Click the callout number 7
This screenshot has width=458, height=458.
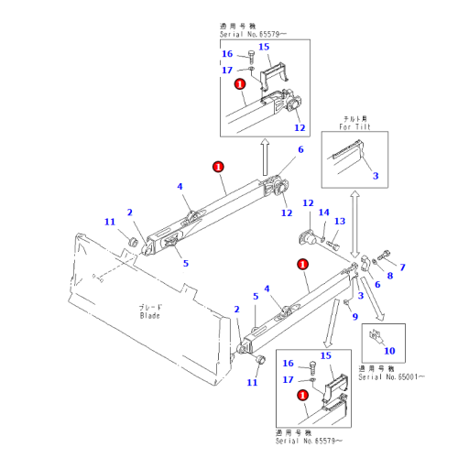pyautogui.click(x=401, y=267)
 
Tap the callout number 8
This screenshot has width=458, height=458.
pyautogui.click(x=388, y=276)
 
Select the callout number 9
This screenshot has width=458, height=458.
pyautogui.click(x=354, y=317)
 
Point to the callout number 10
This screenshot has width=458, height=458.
pyautogui.click(x=388, y=351)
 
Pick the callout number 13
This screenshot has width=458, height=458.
pyautogui.click(x=338, y=222)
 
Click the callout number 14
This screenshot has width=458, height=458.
pyautogui.click(x=322, y=213)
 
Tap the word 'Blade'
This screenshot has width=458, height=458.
pyautogui.click(x=150, y=316)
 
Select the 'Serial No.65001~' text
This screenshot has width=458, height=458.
pyautogui.click(x=395, y=377)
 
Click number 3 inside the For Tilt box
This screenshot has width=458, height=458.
pyautogui.click(x=375, y=173)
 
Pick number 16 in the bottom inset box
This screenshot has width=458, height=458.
pyautogui.click(x=286, y=364)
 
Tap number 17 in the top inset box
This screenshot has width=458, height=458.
pyautogui.click(x=227, y=70)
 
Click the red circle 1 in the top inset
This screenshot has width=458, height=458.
pyautogui.click(x=240, y=83)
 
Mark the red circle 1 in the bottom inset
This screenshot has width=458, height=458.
pyautogui.click(x=302, y=395)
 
